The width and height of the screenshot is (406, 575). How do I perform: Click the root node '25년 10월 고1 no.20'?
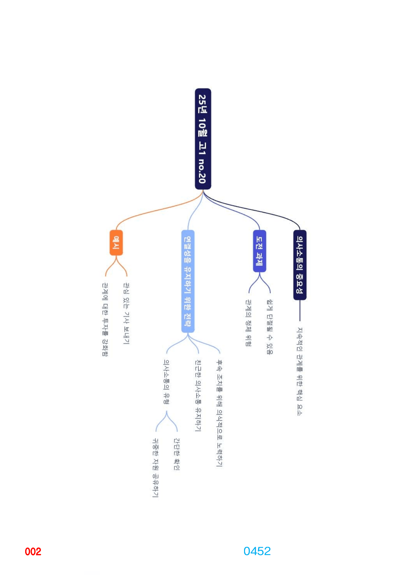point(203,139)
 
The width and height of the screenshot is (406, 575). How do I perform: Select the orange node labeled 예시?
point(116,243)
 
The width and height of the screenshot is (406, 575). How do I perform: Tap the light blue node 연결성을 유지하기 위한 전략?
point(188,281)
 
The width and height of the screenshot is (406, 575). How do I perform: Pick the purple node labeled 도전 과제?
point(259,251)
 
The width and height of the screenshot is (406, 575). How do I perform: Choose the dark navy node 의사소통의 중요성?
point(300,265)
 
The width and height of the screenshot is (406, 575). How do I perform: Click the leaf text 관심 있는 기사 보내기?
point(126,314)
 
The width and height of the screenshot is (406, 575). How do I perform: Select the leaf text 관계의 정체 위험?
point(249,323)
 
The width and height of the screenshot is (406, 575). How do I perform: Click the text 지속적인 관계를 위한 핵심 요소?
point(300,372)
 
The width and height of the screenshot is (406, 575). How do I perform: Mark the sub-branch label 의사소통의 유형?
point(167,382)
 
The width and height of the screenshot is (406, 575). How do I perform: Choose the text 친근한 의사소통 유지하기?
point(198,396)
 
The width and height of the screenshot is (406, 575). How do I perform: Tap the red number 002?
point(33,551)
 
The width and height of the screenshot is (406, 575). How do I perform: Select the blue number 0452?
point(257,551)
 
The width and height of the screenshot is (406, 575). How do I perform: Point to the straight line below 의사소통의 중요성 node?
point(300,310)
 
